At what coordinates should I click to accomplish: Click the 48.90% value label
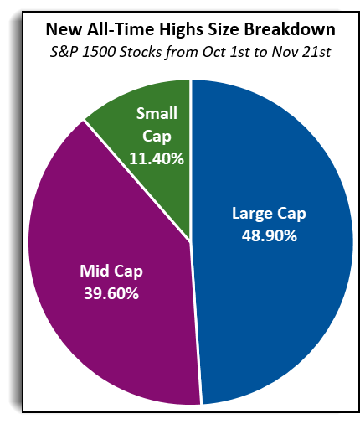coord(270,235)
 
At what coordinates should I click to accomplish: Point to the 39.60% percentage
coord(111,293)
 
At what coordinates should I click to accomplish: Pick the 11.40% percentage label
coord(157,158)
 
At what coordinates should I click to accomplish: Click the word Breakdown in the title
coord(290,29)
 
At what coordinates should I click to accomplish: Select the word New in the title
coord(64,29)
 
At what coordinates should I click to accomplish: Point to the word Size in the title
coord(220,29)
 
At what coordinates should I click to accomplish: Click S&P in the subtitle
coord(64,52)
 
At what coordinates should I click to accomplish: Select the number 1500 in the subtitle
coord(99,52)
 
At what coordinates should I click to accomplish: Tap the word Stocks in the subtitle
coord(141,52)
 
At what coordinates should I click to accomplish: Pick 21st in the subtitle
coord(316,52)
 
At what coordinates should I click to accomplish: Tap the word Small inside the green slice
coord(157,113)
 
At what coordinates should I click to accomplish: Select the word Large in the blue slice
coord(252,215)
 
